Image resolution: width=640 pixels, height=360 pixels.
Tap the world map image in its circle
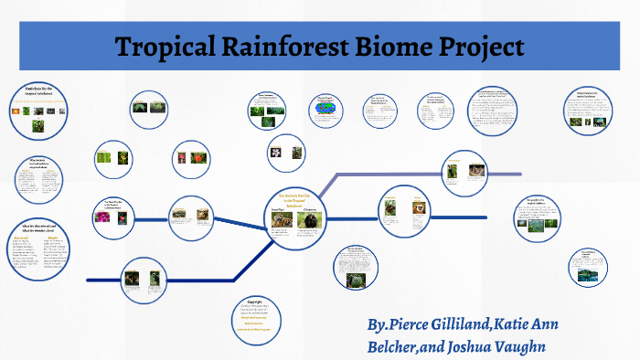click(x=325, y=111)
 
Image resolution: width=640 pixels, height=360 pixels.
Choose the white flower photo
click(x=276, y=153)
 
